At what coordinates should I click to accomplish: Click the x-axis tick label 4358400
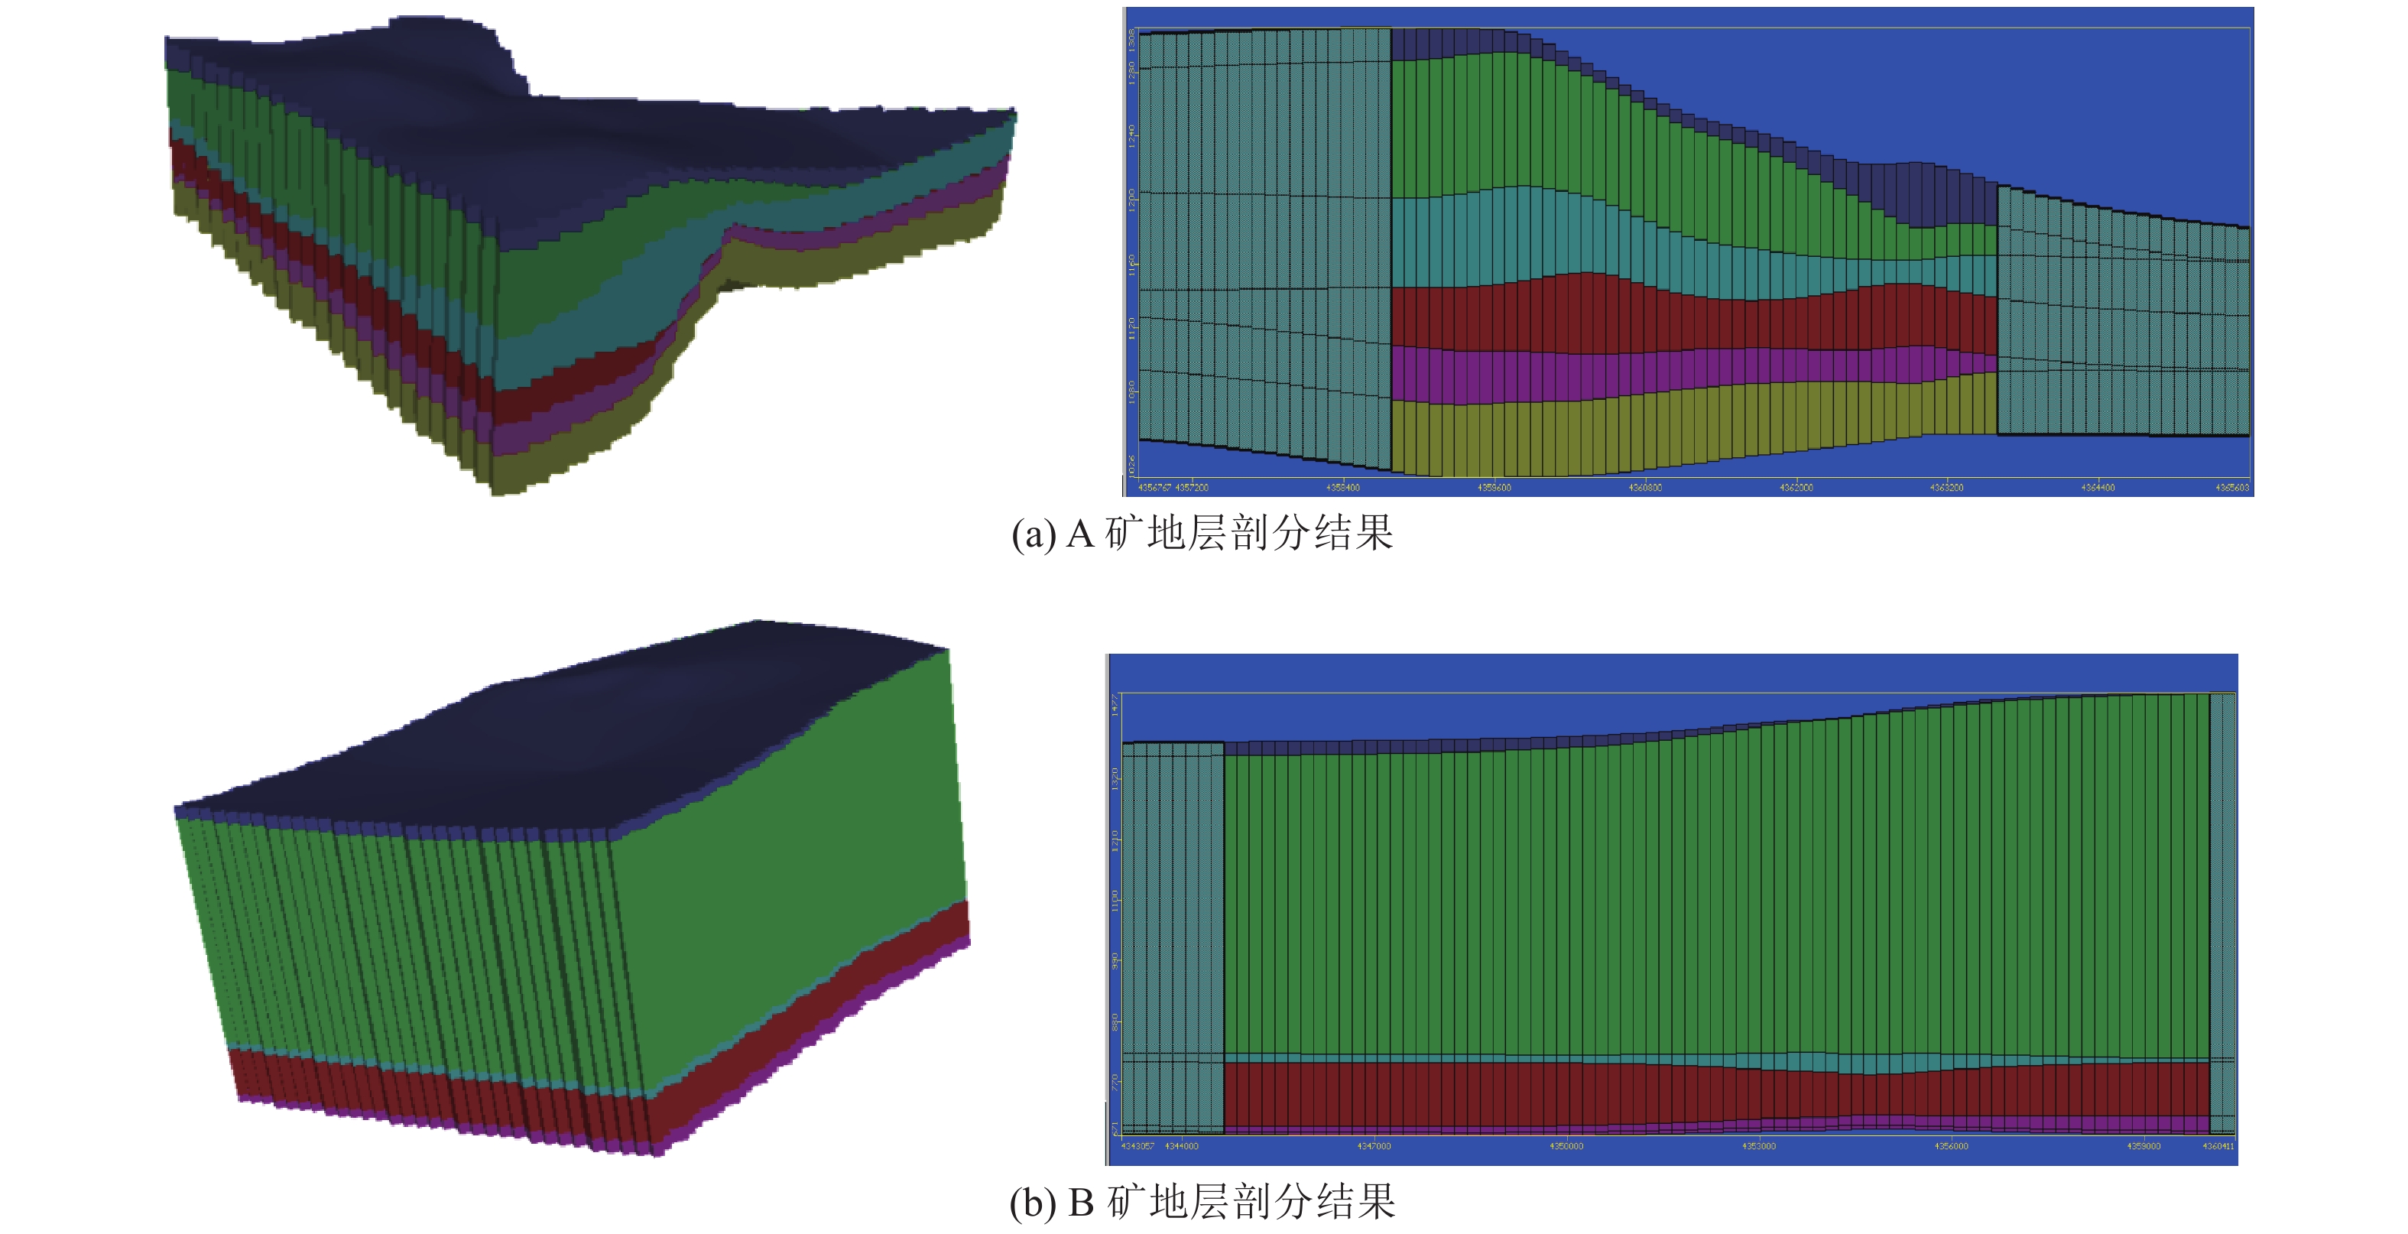tap(1342, 487)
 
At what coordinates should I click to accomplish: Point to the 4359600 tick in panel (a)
tap(1494, 487)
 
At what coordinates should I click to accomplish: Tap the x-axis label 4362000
tap(1796, 487)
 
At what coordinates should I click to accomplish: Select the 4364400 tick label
tap(2098, 487)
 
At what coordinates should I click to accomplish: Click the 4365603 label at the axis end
tap(2231, 487)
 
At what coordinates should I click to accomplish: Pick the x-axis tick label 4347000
tap(1373, 1145)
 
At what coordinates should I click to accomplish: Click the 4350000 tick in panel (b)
tap(1566, 1145)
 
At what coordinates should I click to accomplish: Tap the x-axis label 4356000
tap(1951, 1145)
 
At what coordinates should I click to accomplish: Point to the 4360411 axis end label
tap(2218, 1145)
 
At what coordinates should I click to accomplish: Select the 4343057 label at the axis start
tap(1137, 1145)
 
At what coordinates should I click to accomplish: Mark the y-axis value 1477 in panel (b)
tap(1115, 705)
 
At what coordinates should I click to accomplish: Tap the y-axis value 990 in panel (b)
tap(1115, 961)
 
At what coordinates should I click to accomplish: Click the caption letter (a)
tap(1032, 534)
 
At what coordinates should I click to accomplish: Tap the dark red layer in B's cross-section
tap(1683, 1094)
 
